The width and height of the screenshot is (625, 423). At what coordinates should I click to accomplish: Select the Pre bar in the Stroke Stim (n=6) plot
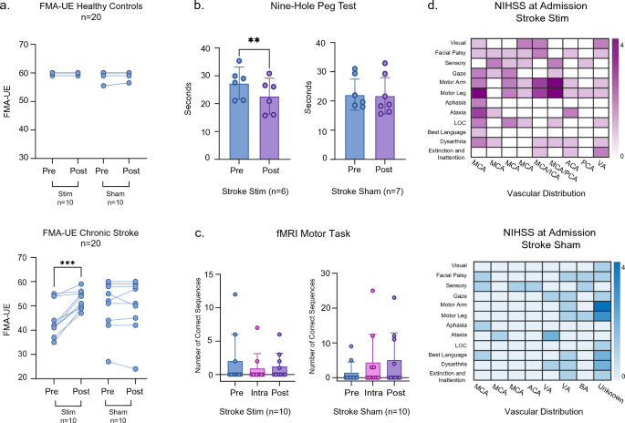point(212,119)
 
